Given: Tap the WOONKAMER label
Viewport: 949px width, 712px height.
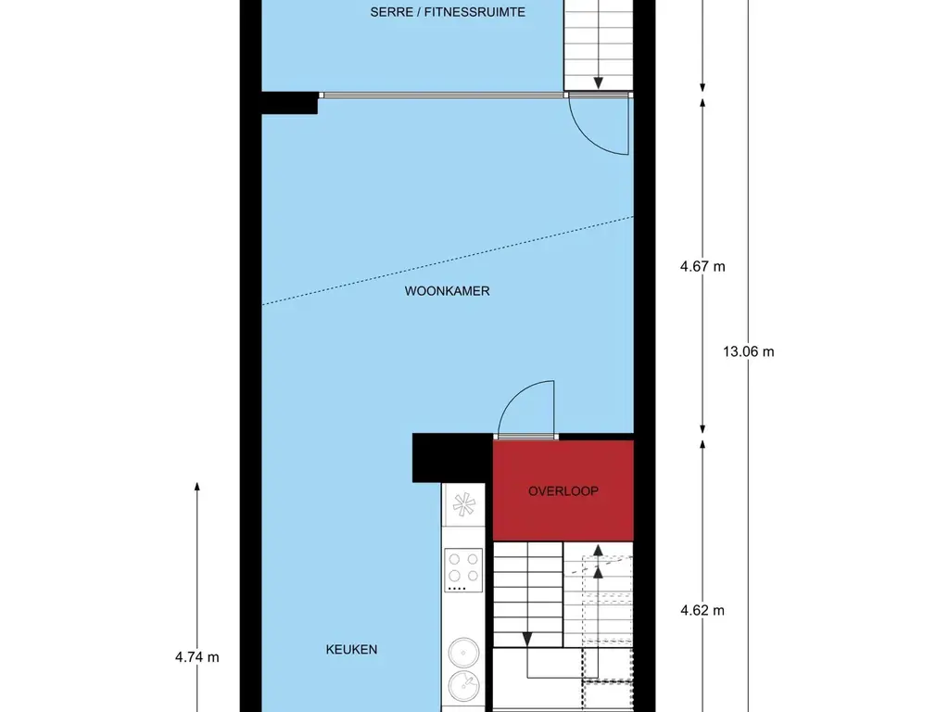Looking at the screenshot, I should pyautogui.click(x=447, y=291).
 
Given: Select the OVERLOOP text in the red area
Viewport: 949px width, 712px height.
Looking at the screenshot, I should pyautogui.click(x=563, y=491).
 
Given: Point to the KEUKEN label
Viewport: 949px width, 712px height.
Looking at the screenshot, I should pyautogui.click(x=351, y=650).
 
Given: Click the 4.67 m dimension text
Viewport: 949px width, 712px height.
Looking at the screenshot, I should pyautogui.click(x=702, y=267).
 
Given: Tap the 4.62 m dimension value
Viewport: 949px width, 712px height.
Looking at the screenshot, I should pyautogui.click(x=702, y=610).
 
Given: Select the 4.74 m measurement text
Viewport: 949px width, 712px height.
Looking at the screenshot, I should pyautogui.click(x=196, y=657).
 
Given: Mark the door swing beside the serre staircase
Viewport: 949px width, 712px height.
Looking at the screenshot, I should pyautogui.click(x=598, y=125).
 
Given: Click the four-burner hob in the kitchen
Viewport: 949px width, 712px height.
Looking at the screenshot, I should pyautogui.click(x=463, y=569).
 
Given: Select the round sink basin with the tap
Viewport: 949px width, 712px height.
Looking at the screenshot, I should pyautogui.click(x=463, y=687).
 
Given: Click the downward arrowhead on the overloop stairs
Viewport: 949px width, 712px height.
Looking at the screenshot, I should pyautogui.click(x=526, y=640).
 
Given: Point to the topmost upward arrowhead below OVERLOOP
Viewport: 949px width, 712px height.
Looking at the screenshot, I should pyautogui.click(x=598, y=552).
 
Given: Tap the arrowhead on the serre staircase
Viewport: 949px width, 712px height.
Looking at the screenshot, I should pyautogui.click(x=598, y=81).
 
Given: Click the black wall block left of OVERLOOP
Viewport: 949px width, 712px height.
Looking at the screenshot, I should pyautogui.click(x=451, y=458).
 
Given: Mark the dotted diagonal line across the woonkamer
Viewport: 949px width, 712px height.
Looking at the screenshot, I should pyautogui.click(x=447, y=260).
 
